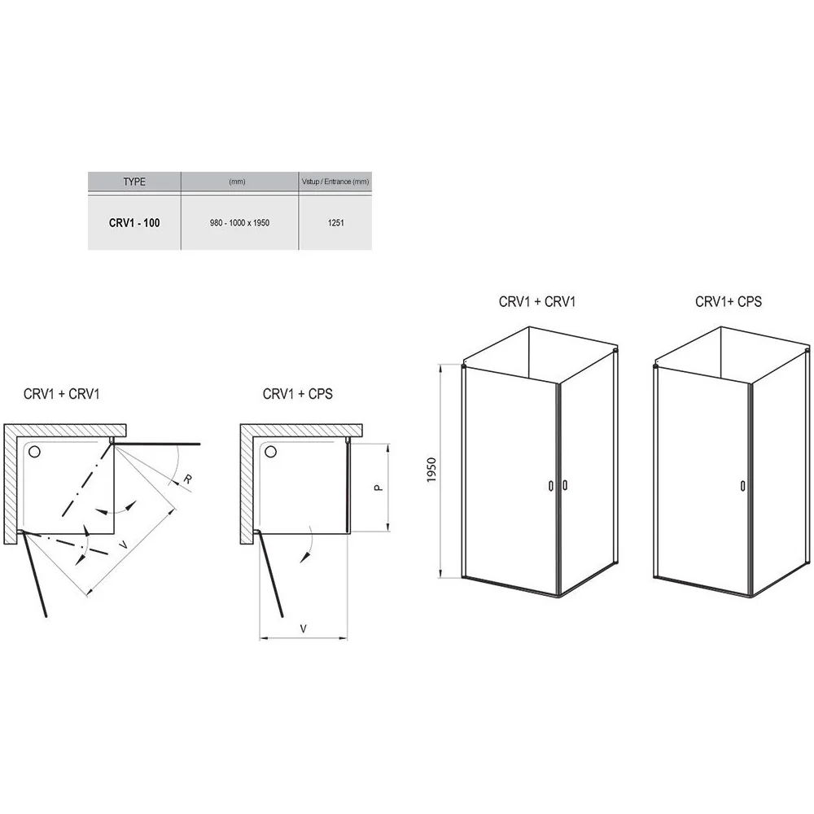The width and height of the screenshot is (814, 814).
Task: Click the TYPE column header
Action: point(134,182)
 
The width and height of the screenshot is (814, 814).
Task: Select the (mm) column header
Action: point(237,182)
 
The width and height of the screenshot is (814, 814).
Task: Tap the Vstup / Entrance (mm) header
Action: point(335,182)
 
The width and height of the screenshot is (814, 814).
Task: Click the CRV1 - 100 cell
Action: point(134,223)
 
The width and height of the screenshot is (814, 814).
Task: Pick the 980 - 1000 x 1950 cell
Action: point(239,223)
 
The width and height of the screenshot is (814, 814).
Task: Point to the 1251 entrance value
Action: point(336,223)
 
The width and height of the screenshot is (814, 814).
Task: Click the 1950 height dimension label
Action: point(431,470)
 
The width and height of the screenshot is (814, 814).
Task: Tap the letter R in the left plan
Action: point(187,479)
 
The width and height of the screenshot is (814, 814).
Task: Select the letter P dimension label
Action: point(379,488)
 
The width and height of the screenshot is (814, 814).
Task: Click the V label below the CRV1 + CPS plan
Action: point(304,628)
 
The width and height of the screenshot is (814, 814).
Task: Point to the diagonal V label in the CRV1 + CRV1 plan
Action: point(123,545)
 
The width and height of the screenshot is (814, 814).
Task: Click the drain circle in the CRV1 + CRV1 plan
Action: point(34,452)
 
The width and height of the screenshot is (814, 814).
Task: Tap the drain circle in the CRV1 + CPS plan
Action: point(270,452)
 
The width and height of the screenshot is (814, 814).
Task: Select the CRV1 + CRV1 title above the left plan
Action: point(61,394)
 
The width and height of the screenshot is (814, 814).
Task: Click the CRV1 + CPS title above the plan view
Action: point(297,394)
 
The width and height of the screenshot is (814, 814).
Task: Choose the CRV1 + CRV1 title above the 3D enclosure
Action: point(537,302)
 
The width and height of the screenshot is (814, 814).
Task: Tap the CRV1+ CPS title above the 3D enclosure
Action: point(729,302)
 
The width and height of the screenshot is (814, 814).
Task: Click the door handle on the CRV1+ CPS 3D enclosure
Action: point(743,486)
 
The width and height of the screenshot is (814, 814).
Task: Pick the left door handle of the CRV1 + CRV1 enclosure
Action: point(551,486)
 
